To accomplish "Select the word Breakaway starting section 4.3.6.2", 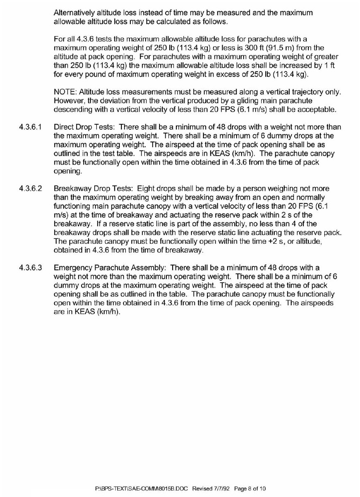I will tap(72, 188).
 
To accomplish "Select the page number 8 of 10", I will tap(251, 489).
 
